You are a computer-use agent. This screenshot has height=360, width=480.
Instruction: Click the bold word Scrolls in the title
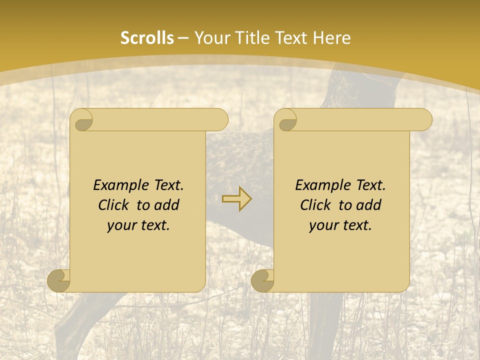147,38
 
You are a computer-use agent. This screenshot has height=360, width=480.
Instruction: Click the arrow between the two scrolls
237,198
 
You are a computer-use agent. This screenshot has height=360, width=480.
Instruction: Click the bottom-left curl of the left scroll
59,280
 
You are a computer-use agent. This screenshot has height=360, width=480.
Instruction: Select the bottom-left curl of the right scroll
263,280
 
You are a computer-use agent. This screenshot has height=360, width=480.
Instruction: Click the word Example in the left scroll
117,185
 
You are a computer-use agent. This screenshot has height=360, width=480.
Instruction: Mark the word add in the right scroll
369,205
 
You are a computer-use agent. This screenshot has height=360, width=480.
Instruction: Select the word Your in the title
209,38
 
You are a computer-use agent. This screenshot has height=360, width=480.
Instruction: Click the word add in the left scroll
167,205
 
